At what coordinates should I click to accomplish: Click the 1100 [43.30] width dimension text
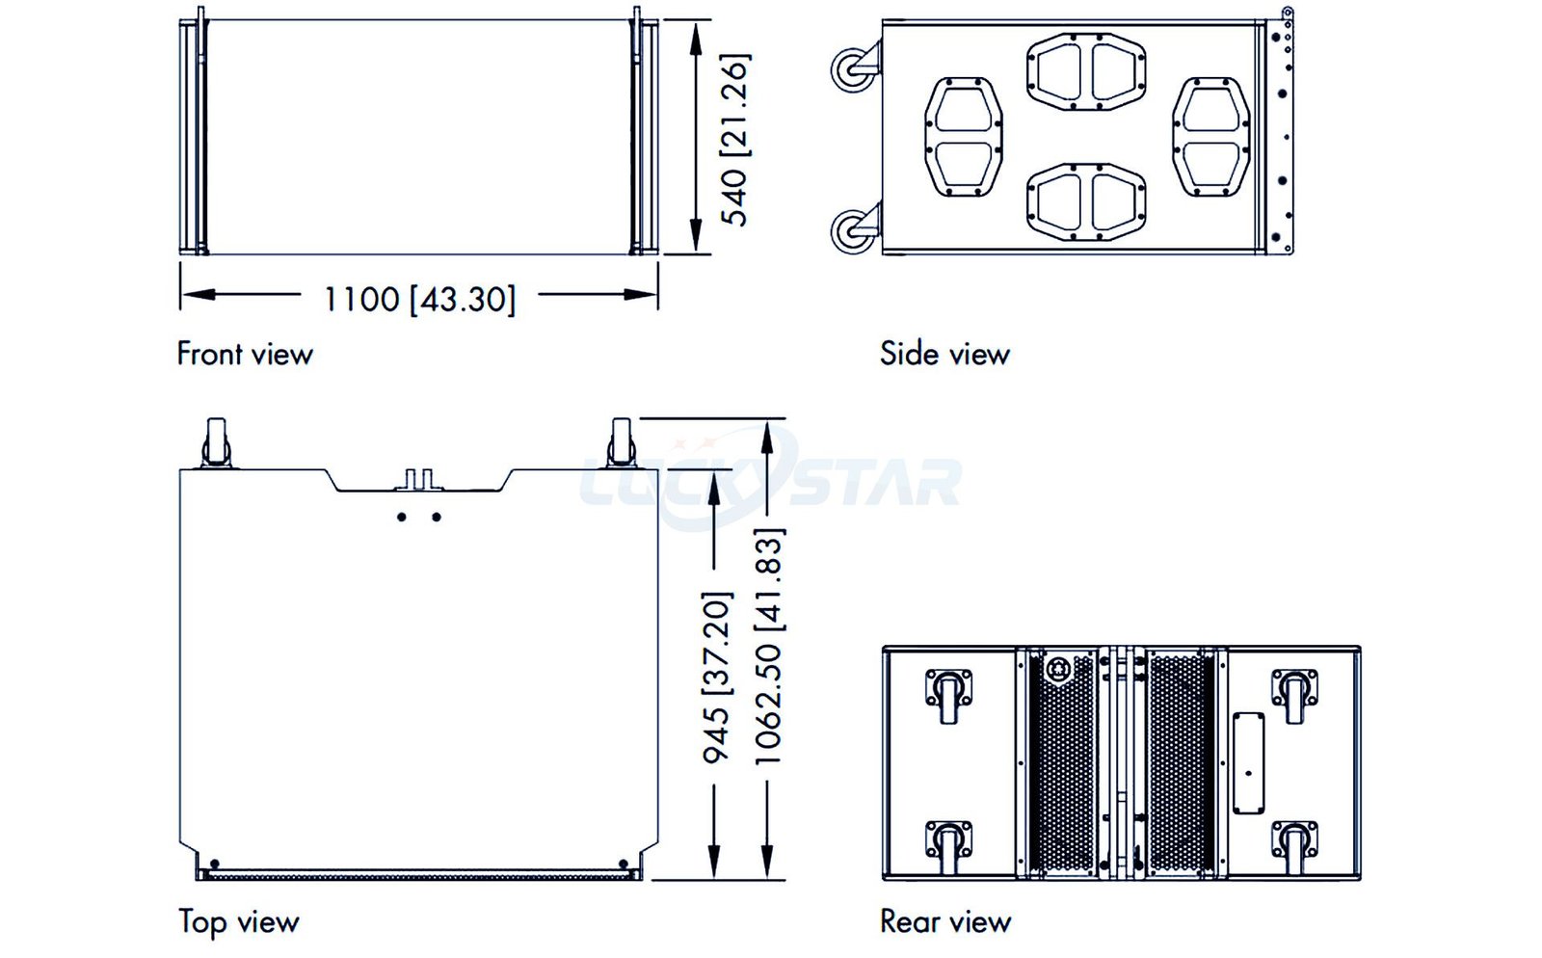pos(419,300)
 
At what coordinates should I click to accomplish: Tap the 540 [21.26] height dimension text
pos(733,140)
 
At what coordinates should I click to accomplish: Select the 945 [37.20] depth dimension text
pos(716,678)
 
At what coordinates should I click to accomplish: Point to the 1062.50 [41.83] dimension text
pos(768,647)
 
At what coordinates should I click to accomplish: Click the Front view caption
pos(245,354)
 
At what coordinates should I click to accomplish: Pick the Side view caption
pos(944,354)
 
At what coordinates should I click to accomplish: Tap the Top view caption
pos(239,922)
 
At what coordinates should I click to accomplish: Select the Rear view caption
pos(945,921)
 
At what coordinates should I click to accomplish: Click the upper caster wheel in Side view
pos(854,68)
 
